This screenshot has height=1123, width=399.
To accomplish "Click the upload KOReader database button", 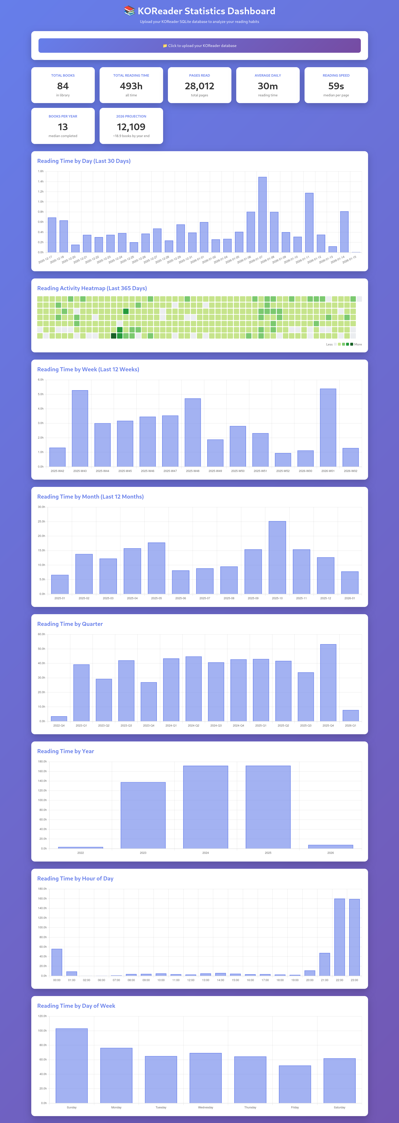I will (x=199, y=45).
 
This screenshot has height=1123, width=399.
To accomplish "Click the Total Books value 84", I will (x=63, y=86).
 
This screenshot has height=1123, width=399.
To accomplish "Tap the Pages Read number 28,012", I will (x=199, y=86).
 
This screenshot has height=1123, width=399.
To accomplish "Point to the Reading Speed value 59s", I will (x=336, y=86).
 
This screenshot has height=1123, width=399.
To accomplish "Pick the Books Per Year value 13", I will (x=63, y=127).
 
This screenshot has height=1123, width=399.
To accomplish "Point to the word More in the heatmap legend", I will (x=358, y=344).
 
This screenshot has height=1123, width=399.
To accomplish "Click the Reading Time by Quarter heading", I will (x=70, y=624).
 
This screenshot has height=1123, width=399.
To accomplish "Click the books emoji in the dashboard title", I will (x=129, y=11).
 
